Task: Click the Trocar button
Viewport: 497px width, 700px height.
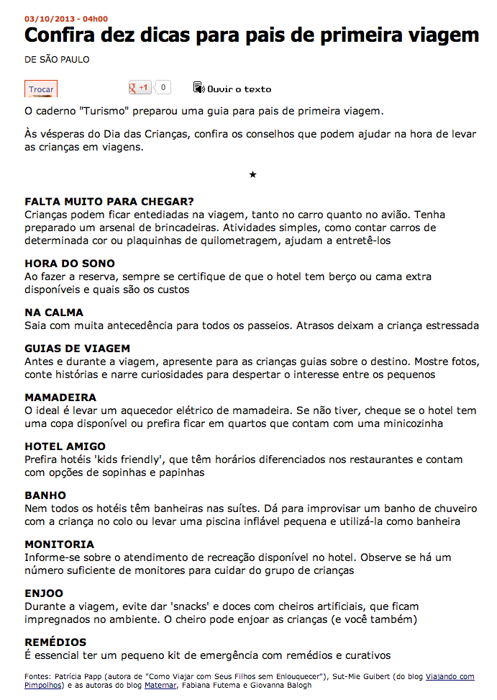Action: [x=41, y=89]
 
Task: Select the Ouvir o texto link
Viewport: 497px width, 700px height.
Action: [x=232, y=89]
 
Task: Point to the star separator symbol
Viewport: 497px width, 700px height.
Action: [x=252, y=174]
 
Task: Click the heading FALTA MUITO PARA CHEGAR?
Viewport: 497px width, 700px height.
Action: [x=109, y=202]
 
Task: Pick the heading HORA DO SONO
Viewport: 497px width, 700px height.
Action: [x=70, y=264]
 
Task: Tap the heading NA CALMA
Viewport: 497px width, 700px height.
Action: [x=54, y=313]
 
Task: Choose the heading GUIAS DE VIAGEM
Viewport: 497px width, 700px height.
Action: [x=77, y=349]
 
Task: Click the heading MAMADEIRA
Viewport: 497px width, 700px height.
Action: [x=60, y=398]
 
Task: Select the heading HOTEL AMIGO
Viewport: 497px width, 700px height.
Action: [x=65, y=447]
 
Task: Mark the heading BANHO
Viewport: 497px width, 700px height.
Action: [x=45, y=495]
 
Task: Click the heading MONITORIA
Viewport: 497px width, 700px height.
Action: [x=59, y=544]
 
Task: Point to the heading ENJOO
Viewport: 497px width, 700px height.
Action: [x=45, y=593]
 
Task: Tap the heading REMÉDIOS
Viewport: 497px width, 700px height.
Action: [x=55, y=642]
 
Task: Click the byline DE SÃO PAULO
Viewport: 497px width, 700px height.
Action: [x=57, y=60]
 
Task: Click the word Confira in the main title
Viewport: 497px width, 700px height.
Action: [x=63, y=35]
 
